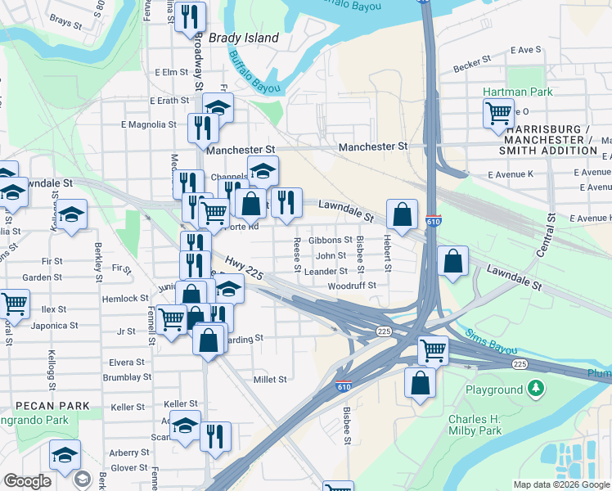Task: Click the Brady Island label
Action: [x=244, y=38]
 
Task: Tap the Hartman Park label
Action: [x=517, y=92]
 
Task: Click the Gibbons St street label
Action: [x=331, y=241]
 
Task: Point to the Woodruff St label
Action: [x=351, y=286]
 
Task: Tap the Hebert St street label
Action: [x=387, y=254]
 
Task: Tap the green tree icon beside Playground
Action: [x=536, y=387]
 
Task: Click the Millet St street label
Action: [x=271, y=380]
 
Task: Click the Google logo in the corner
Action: [x=27, y=481]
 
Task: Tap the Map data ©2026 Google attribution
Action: [x=561, y=484]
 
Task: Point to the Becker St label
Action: [x=472, y=60]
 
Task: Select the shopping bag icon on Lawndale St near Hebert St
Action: [x=402, y=214]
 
